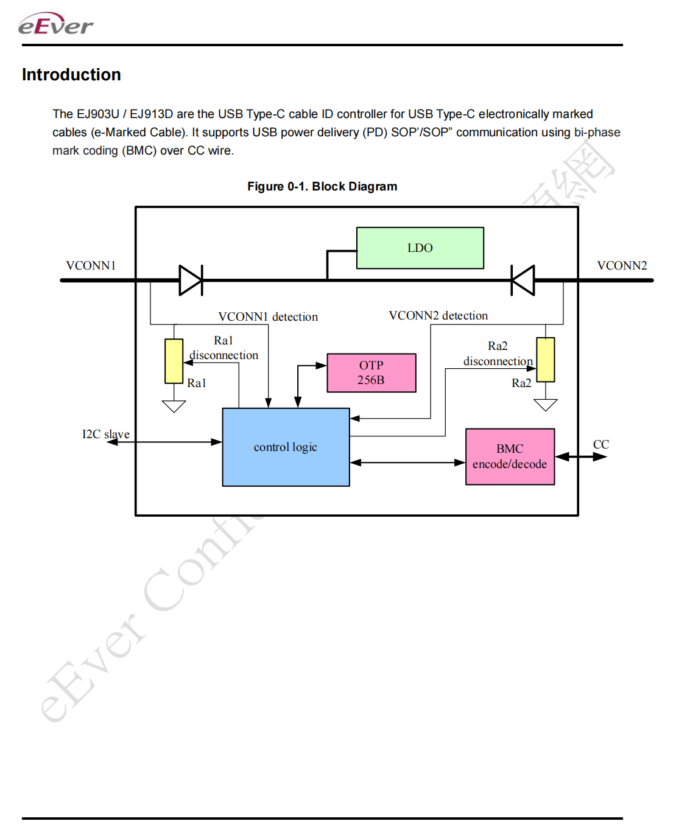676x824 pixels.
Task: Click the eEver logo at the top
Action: click(x=55, y=24)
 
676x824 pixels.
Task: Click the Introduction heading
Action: click(x=71, y=75)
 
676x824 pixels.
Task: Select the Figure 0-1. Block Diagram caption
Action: click(x=322, y=186)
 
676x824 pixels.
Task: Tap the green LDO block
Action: click(x=420, y=248)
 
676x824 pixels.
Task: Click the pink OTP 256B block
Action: click(x=371, y=372)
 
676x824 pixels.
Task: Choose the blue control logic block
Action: click(x=286, y=447)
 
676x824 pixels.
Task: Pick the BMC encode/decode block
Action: click(x=510, y=456)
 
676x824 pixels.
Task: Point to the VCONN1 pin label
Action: click(x=91, y=265)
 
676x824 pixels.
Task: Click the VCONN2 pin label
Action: click(x=621, y=265)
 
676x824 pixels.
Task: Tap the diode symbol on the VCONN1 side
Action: click(x=191, y=280)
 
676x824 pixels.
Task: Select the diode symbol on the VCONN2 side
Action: click(x=523, y=280)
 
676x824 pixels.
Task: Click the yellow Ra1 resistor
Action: click(x=174, y=361)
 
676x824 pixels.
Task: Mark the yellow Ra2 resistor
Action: click(x=545, y=360)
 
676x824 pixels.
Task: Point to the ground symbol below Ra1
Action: click(x=174, y=406)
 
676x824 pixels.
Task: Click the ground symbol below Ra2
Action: click(x=545, y=405)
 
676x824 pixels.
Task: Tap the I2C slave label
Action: click(x=105, y=434)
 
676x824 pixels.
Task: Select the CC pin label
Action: click(x=600, y=444)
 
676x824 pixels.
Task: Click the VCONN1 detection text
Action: click(x=268, y=316)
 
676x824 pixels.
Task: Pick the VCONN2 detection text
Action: click(x=438, y=315)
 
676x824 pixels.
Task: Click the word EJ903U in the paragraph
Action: click(x=97, y=114)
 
